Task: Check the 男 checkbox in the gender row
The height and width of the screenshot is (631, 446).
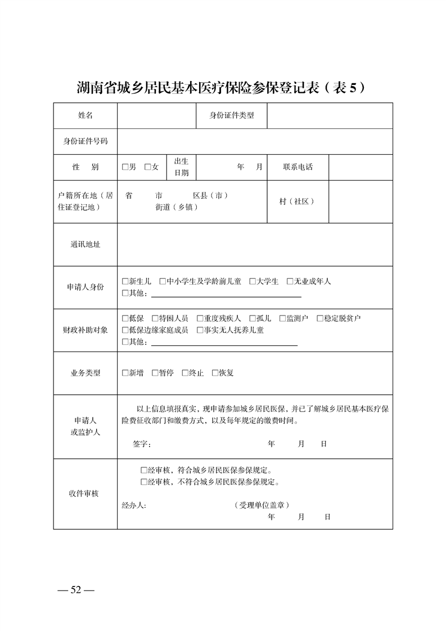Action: (x=125, y=167)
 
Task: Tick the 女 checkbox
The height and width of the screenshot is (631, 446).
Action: (x=148, y=167)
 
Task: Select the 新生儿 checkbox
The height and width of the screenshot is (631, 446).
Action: (x=125, y=281)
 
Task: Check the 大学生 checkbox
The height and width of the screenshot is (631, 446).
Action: (x=253, y=281)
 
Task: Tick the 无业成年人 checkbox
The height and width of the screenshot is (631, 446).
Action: (x=290, y=281)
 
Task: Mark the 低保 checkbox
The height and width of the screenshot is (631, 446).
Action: (x=125, y=318)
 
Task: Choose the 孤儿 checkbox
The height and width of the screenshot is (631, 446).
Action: (x=253, y=318)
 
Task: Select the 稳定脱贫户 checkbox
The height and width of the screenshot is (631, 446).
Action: (x=320, y=318)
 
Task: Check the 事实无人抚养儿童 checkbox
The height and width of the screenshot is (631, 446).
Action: (x=200, y=330)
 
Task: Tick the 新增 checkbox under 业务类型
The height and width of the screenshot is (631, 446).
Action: (x=125, y=373)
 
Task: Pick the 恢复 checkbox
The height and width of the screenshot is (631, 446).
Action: (x=215, y=373)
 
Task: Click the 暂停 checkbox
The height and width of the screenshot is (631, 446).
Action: (x=155, y=373)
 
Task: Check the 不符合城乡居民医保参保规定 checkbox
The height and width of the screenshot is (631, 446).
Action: (x=144, y=482)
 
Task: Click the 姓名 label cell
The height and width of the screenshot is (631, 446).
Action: (x=85, y=115)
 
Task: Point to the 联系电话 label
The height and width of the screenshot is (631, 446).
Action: (x=298, y=167)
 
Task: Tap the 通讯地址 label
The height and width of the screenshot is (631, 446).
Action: (x=85, y=245)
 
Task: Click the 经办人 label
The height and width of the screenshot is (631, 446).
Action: (x=134, y=505)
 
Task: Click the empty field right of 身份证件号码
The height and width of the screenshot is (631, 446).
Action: (x=255, y=141)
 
